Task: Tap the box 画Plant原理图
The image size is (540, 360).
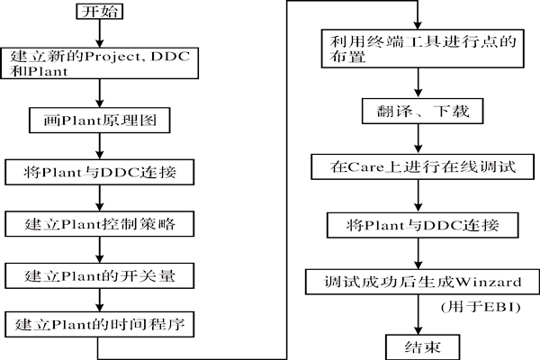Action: [x=106, y=119]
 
